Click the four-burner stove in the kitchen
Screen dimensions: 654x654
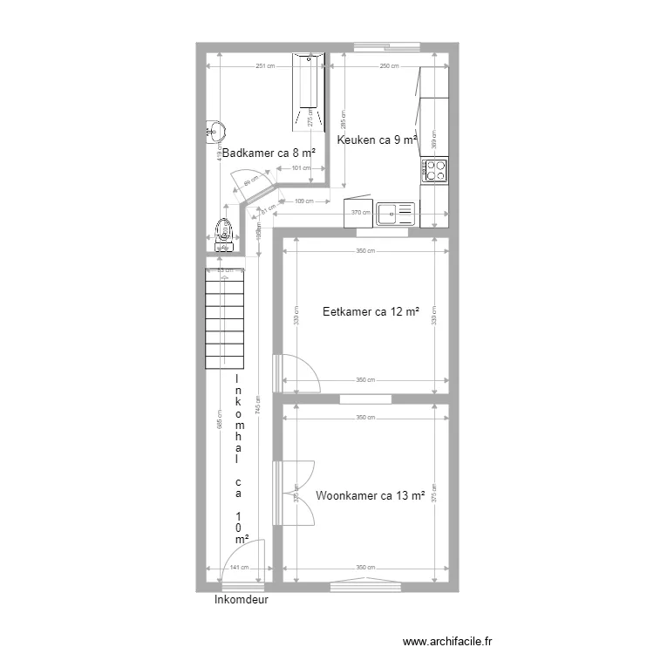point(434,169)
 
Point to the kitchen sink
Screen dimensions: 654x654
point(397,213)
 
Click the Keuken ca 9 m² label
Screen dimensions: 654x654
point(377,140)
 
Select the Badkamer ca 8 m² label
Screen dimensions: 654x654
point(268,153)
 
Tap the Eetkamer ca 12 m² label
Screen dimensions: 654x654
point(371,311)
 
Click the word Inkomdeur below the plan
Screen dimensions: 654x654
point(240,600)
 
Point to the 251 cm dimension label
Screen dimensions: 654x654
point(264,66)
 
